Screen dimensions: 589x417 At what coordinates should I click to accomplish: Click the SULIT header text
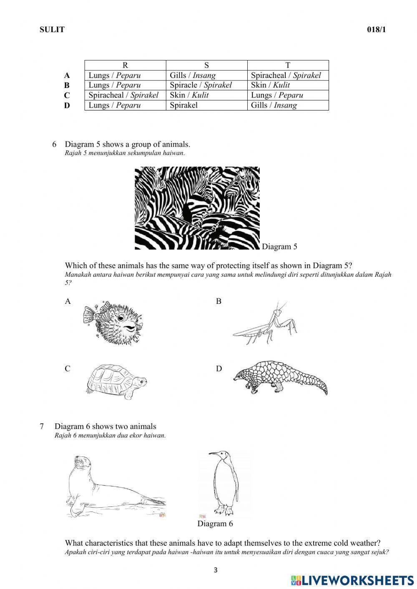click(x=52, y=30)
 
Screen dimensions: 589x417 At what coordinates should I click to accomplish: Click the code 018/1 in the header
click(x=374, y=30)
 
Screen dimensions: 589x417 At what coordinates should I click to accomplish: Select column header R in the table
click(x=125, y=65)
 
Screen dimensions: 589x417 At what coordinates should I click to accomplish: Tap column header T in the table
click(x=288, y=65)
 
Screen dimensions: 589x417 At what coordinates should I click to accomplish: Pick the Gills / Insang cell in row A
click(x=193, y=75)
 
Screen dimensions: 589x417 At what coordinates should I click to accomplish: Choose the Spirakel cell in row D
click(x=183, y=105)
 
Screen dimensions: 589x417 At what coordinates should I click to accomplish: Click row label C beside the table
click(x=67, y=95)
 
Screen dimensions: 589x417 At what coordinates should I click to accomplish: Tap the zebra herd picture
click(x=197, y=208)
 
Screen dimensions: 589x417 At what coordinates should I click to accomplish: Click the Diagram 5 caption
click(x=279, y=246)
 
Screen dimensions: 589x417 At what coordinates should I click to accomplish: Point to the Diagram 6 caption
click(x=215, y=524)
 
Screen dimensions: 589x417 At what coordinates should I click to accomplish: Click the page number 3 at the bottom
click(x=216, y=570)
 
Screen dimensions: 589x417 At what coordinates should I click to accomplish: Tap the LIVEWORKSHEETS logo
click(x=352, y=580)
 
